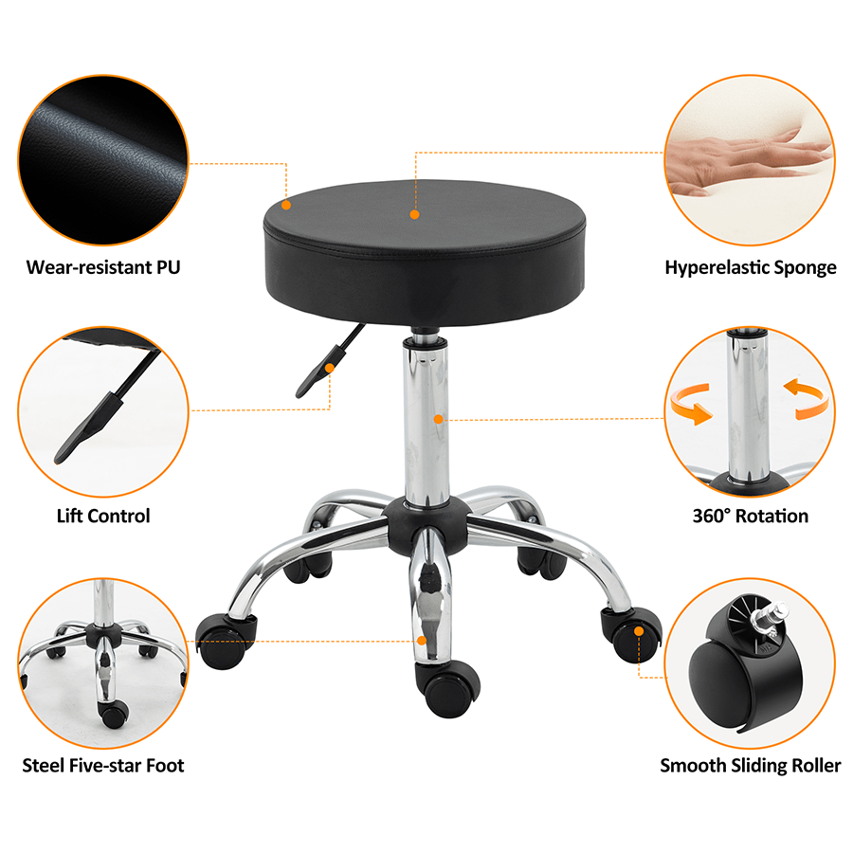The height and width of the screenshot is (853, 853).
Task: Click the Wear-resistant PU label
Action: point(103,267)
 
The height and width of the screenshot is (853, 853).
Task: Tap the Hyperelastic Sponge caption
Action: point(750,267)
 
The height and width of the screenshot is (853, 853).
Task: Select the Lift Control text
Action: point(103,517)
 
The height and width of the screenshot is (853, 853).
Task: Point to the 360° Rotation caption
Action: point(750,517)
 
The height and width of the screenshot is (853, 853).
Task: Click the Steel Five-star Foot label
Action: point(103,765)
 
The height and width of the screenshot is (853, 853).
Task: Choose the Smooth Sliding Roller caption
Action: point(750,765)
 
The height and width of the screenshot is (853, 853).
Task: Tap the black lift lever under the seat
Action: point(327,365)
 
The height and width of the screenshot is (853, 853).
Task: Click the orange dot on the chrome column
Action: point(438,419)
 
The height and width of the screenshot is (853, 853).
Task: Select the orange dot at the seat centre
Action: point(414,215)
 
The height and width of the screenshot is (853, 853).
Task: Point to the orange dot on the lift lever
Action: point(330,368)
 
